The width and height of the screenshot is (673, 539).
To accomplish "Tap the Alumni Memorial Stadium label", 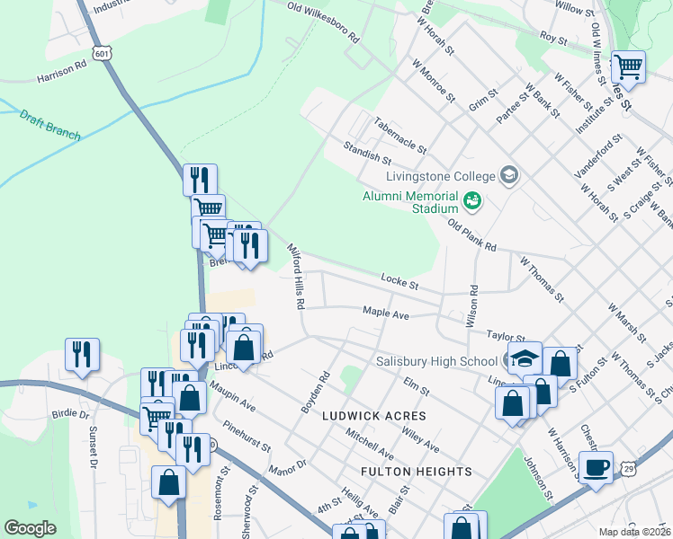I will (x=410, y=202).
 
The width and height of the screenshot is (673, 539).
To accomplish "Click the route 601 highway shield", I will (x=104, y=54).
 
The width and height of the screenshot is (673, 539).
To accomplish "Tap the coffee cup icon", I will (x=596, y=468).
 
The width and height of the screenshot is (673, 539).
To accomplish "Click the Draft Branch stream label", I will (x=50, y=126).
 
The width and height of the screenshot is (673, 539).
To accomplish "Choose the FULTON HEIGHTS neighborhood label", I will (x=416, y=472).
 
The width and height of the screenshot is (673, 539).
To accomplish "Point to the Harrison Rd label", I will (x=61, y=72).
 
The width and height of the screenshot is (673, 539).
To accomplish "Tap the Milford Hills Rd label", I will (x=296, y=276).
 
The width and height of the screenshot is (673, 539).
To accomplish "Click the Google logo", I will (x=30, y=528).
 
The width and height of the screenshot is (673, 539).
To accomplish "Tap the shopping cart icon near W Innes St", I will (x=628, y=66).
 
